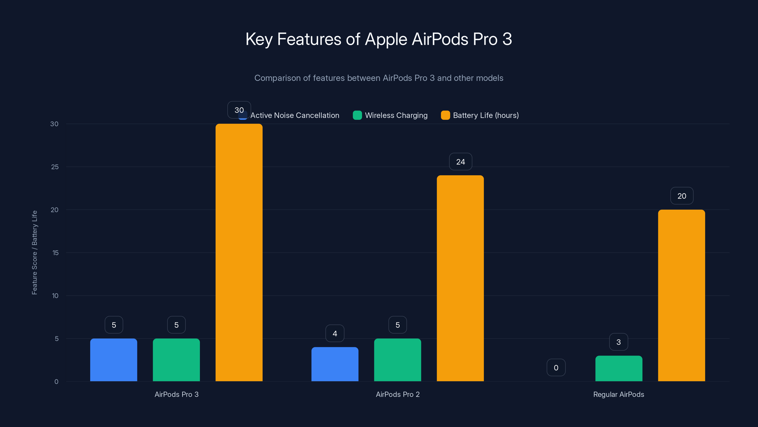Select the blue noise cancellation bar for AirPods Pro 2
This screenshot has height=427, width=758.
pos(335,364)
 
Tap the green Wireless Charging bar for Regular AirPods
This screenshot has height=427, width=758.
pos(619,368)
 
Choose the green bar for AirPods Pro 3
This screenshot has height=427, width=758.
pos(176,360)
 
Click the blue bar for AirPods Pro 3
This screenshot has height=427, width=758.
pos(114,360)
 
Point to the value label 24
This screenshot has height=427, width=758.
pos(460,162)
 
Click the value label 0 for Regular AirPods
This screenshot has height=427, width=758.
pos(556,367)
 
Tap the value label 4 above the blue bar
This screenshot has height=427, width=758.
pos(335,334)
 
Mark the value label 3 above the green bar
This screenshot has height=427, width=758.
pos(618,342)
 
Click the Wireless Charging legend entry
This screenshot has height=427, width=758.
pos(390,115)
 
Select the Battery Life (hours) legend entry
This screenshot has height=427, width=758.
pos(480,115)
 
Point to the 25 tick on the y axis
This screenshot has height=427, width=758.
pos(55,167)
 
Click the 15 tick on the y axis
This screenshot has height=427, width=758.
pos(55,253)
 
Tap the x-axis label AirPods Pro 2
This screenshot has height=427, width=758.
pos(397,394)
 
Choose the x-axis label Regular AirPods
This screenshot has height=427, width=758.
pos(618,394)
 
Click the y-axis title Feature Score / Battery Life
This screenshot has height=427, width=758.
pos(34,253)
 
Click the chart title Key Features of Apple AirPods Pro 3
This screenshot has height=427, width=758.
pos(379,39)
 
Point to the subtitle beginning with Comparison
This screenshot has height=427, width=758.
pos(379,78)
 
